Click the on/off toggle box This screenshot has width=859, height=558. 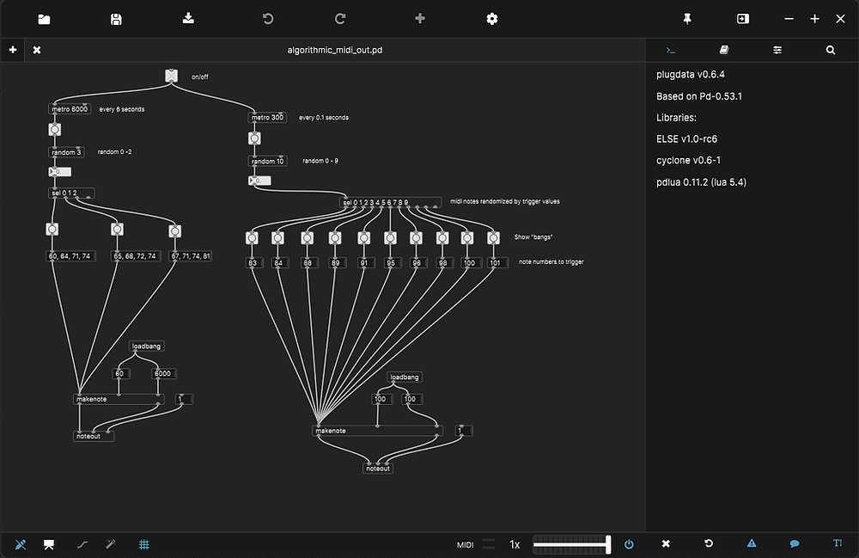pyautogui.click(x=171, y=77)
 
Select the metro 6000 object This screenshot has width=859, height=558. pyautogui.click(x=69, y=109)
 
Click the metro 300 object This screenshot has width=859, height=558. pyautogui.click(x=267, y=118)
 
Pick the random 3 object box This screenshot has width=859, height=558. pyautogui.click(x=66, y=152)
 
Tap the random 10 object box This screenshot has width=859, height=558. pyautogui.click(x=268, y=161)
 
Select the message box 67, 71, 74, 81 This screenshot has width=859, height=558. pyautogui.click(x=190, y=255)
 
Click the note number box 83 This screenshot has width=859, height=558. pyautogui.click(x=253, y=262)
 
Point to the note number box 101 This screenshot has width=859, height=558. pyautogui.click(x=495, y=262)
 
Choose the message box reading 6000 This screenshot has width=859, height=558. pyautogui.click(x=162, y=373)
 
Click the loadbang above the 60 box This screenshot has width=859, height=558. pyautogui.click(x=146, y=346)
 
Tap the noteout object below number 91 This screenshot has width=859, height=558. pyautogui.click(x=378, y=469)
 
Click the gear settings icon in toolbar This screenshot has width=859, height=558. pyautogui.click(x=492, y=19)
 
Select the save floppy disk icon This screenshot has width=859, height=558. pyautogui.click(x=116, y=19)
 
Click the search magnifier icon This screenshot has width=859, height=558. pyautogui.click(x=831, y=50)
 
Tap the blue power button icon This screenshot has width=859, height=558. pyautogui.click(x=629, y=543)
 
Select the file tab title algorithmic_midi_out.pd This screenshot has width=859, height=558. pyautogui.click(x=335, y=50)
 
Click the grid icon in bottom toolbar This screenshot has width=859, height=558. pyautogui.click(x=144, y=543)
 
